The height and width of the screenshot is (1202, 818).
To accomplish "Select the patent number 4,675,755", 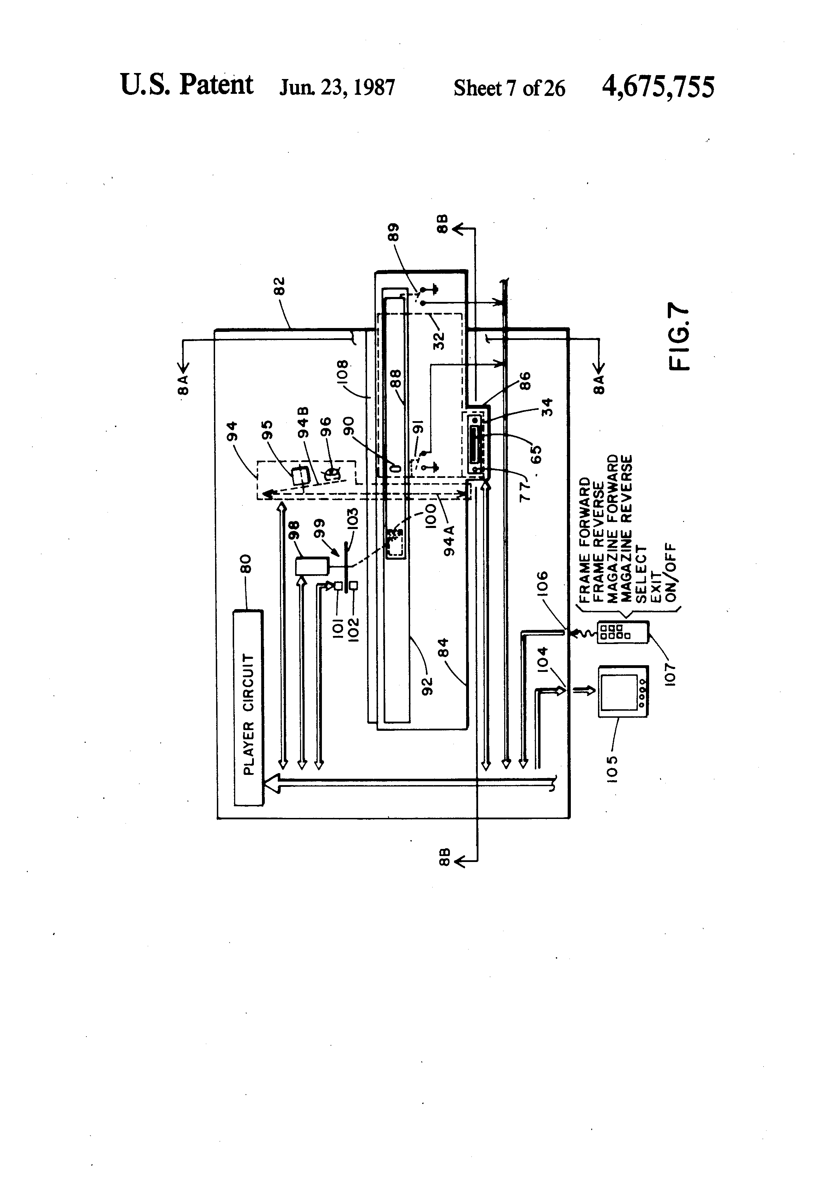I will [x=658, y=86].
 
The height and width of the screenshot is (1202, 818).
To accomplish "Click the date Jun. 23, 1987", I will [x=337, y=87].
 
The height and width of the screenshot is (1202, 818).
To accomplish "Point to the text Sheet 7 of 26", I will [x=509, y=88].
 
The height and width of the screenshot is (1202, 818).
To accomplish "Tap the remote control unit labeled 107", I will [x=623, y=632].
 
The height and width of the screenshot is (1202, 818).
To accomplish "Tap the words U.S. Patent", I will [x=187, y=85].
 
